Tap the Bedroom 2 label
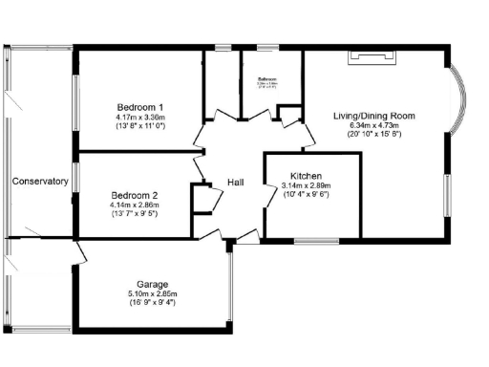click(134, 195)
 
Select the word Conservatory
click(40, 181)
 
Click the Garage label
click(153, 285)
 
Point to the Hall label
click(238, 183)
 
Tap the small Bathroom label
click(266, 79)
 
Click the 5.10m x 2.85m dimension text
click(153, 293)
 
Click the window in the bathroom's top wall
click(266, 47)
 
